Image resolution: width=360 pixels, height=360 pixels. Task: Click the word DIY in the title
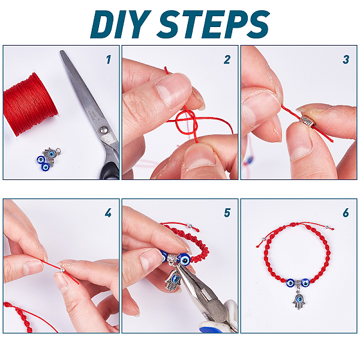[x=121, y=24]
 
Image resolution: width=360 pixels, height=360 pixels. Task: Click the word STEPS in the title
[x=213, y=24]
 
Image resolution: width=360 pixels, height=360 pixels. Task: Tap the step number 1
[x=109, y=59]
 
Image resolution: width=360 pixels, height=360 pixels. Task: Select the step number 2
[x=227, y=59]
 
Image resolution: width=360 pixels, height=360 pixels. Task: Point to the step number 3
[x=346, y=59]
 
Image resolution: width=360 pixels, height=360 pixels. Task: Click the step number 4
[x=108, y=213]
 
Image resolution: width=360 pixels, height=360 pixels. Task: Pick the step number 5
[x=227, y=213]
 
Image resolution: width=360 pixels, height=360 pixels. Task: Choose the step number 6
[x=346, y=213]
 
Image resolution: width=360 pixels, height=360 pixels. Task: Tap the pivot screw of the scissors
[x=104, y=130]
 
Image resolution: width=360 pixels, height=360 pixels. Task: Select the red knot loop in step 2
[x=187, y=124]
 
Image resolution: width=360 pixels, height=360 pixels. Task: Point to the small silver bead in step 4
[x=62, y=270]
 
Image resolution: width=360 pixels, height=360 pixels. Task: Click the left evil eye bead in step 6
[x=290, y=283]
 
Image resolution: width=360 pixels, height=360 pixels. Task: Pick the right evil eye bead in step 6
[x=305, y=283]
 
